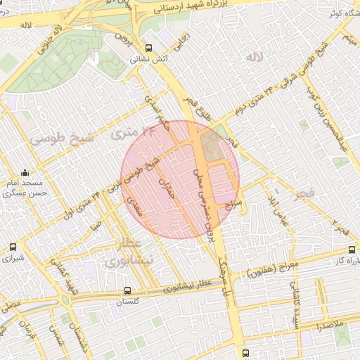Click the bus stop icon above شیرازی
tap(13, 247)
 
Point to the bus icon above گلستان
tap(127, 290)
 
